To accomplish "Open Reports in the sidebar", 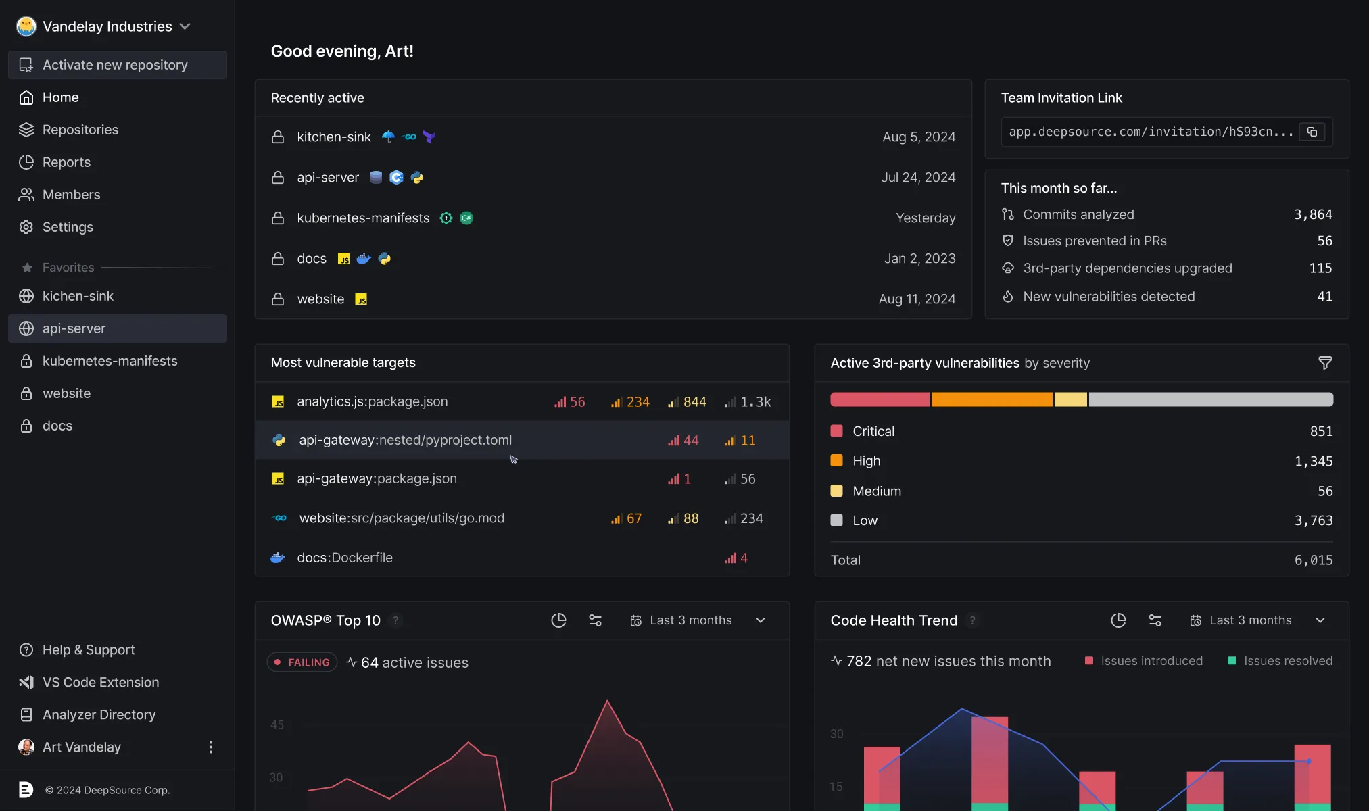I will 66,162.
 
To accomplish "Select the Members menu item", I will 70,195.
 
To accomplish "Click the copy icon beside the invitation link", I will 1312,132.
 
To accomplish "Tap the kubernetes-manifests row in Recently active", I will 363,218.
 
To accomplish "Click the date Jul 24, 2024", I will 917,178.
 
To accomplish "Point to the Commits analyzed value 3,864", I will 1312,214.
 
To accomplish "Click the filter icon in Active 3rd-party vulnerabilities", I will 1324,363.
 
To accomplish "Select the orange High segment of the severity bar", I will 991,399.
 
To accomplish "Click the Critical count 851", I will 1320,431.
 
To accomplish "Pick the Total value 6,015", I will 1313,560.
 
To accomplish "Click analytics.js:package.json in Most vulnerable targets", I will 372,401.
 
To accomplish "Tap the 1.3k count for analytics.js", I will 754,402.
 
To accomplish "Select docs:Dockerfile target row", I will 345,558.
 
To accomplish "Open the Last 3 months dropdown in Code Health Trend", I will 1257,620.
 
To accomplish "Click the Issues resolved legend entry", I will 1280,661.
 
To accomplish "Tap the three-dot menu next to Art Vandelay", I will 211,747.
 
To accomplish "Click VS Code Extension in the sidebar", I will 100,682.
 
